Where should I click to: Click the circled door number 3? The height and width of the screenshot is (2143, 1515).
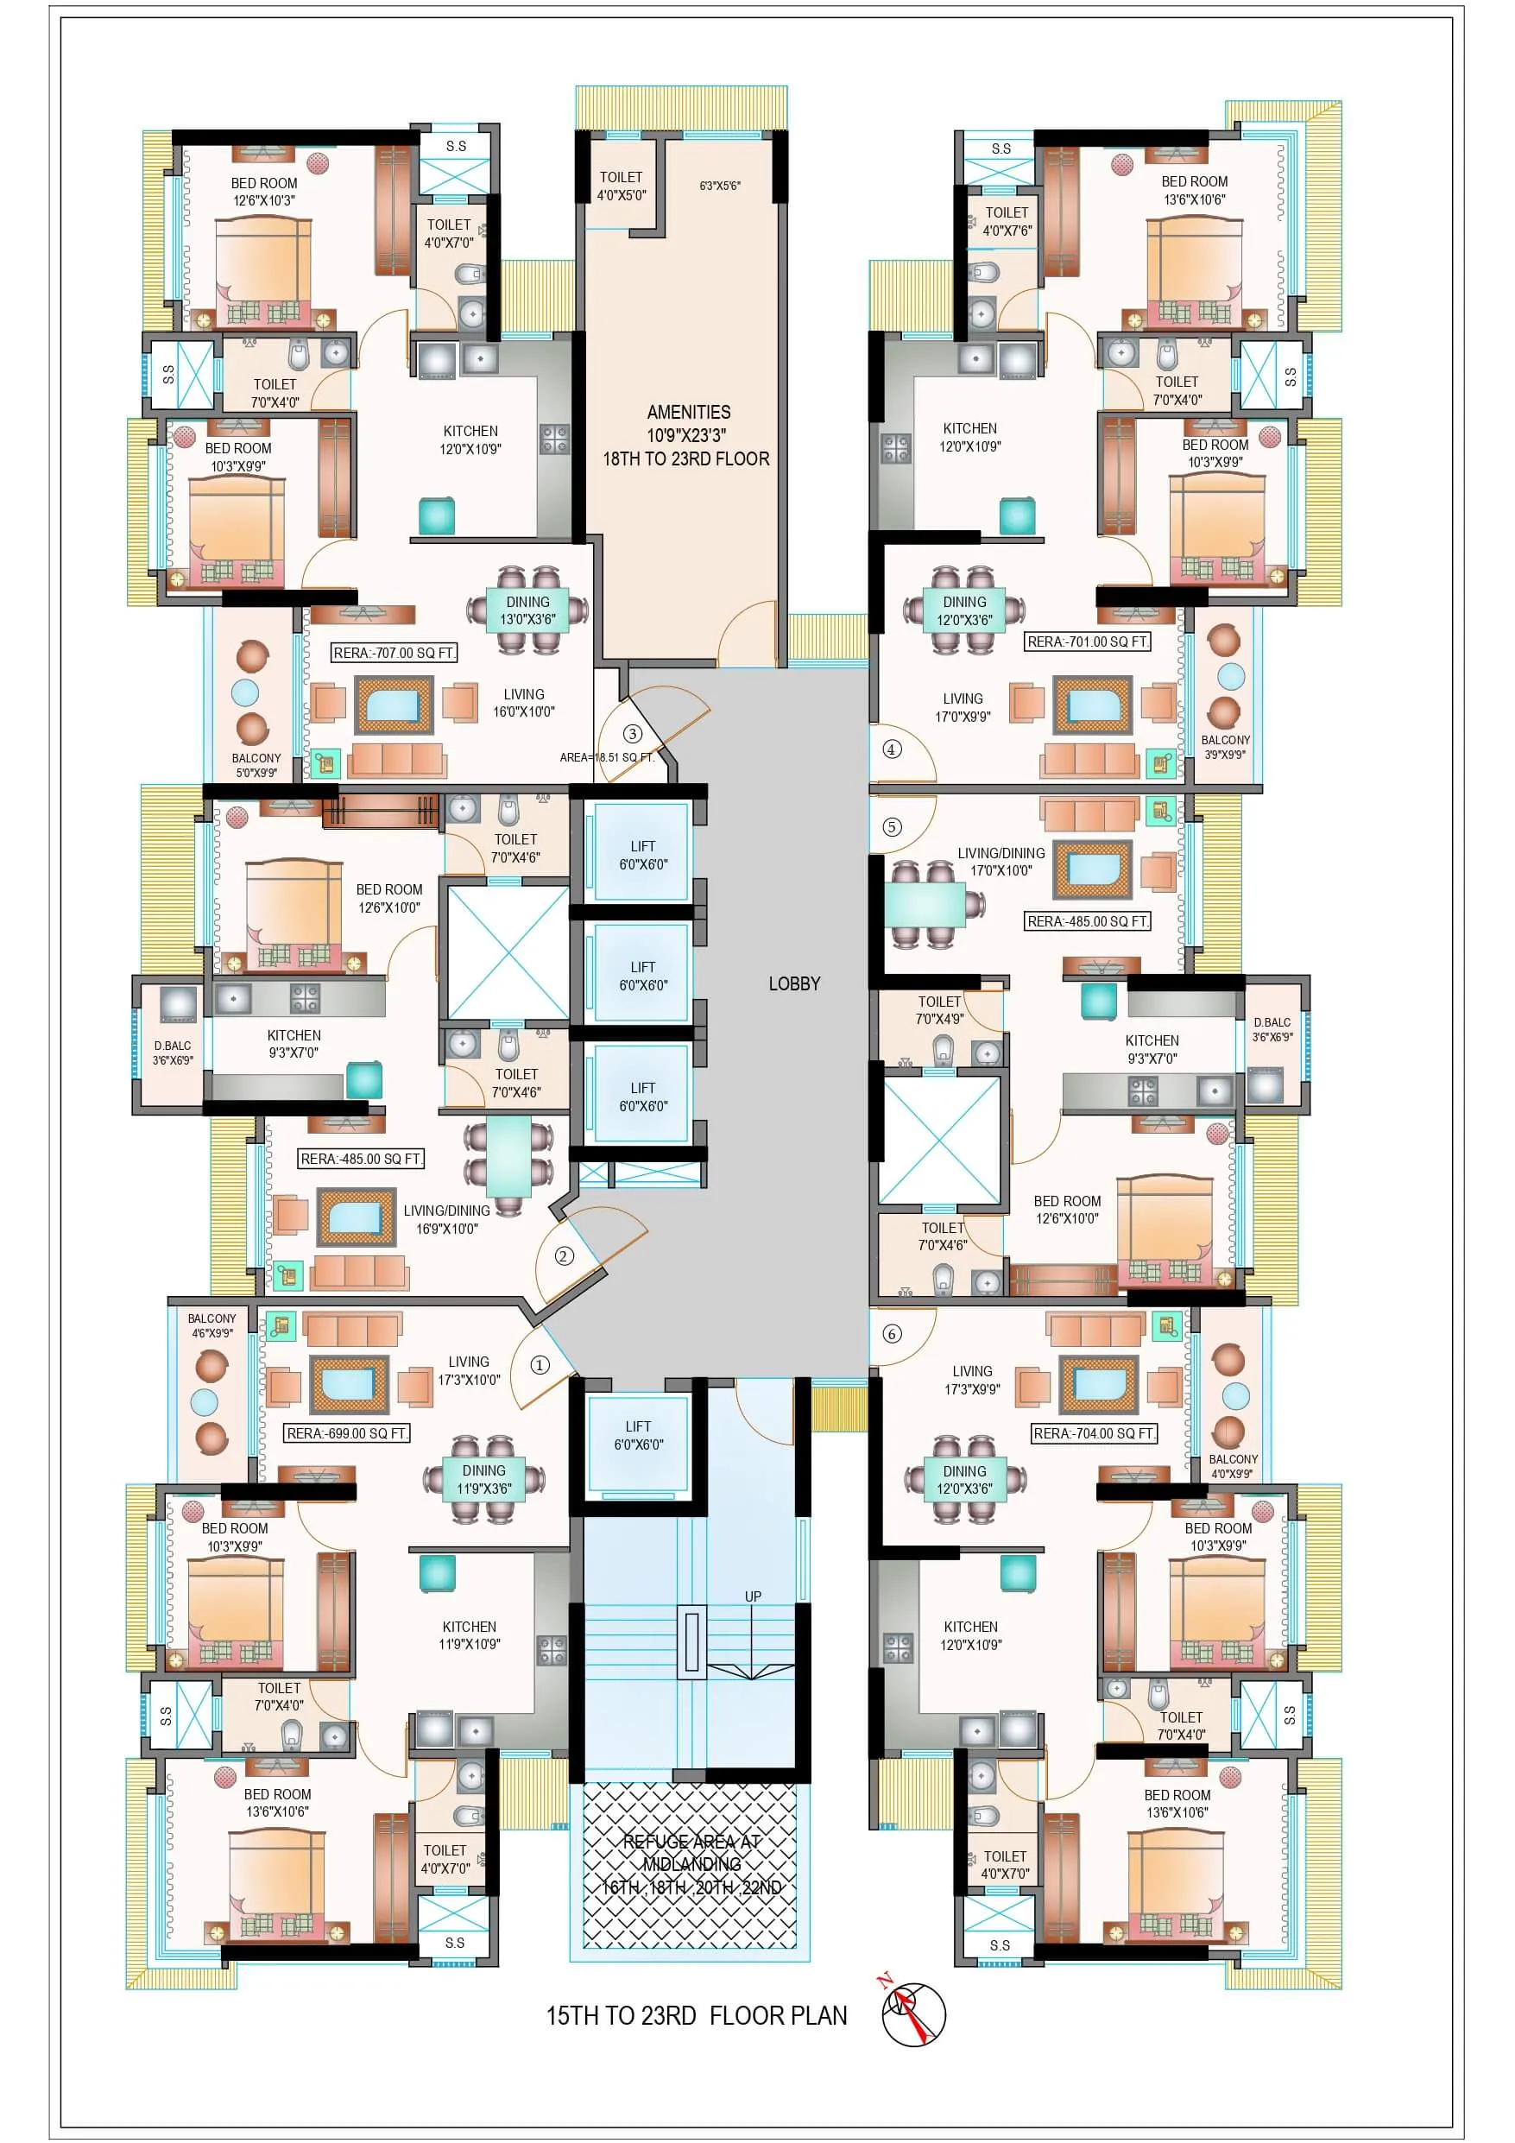click(632, 734)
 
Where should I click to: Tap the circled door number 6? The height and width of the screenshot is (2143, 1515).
click(893, 1334)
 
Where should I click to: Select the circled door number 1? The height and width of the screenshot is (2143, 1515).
click(540, 1364)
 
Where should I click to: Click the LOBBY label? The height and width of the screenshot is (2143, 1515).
click(794, 983)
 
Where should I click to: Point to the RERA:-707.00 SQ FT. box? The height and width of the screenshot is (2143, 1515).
click(394, 654)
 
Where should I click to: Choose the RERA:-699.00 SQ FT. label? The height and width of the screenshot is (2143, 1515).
click(347, 1432)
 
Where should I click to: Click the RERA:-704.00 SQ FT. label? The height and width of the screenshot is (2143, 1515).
click(1094, 1432)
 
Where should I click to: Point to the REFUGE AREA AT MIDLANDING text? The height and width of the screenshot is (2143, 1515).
click(691, 1853)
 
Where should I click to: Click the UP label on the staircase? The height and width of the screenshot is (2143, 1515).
click(754, 1596)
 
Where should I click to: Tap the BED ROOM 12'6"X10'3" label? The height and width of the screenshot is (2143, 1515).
click(264, 192)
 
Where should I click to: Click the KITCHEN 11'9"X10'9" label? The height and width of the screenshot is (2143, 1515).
click(470, 1635)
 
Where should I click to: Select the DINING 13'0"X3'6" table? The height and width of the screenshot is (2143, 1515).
click(527, 610)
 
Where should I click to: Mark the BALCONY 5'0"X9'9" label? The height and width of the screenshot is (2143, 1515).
click(256, 765)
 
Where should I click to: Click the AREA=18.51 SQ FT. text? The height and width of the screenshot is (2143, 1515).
click(607, 757)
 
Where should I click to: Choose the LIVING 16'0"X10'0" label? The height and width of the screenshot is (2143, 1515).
click(524, 703)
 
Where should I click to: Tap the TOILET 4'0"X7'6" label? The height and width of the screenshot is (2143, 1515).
click(1007, 222)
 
